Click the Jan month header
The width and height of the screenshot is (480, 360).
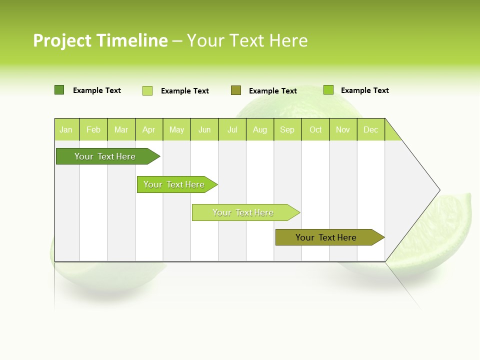pos(66,130)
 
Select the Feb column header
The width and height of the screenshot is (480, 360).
pos(93,130)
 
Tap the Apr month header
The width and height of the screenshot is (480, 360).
pos(149,130)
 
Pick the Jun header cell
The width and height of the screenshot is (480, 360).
pos(204,130)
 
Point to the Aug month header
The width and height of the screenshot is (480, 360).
pos(260,130)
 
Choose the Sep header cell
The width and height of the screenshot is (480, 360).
pos(287,130)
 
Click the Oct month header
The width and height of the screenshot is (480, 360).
pos(315,130)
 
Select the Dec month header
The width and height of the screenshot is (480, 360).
pos(371,130)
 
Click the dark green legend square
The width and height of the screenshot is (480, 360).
pos(59,90)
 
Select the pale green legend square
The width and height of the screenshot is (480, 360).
pos(147,90)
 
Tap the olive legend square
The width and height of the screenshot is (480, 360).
pos(236,90)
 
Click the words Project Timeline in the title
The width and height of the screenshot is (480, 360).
pos(100,40)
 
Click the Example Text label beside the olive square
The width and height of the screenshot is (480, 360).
pos(273,91)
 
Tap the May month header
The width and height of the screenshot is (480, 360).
pos(176,130)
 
